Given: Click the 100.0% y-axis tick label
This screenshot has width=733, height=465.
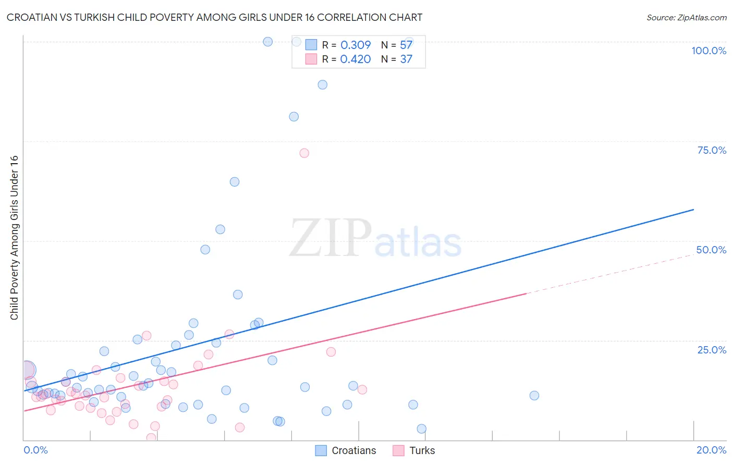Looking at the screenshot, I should (708, 51).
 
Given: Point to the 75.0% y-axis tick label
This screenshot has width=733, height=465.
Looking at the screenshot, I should (712, 150).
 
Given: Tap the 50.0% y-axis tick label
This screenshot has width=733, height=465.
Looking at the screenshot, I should (711, 250).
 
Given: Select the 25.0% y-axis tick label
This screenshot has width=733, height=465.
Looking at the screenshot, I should (712, 350).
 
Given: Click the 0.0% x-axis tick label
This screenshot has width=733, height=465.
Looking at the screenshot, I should (35, 450).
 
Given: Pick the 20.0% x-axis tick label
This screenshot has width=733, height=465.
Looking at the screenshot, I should (711, 450).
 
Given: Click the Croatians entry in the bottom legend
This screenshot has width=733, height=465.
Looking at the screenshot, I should (353, 450).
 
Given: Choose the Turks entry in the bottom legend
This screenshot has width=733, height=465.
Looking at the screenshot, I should (422, 450).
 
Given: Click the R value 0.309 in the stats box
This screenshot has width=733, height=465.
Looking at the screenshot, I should (356, 45).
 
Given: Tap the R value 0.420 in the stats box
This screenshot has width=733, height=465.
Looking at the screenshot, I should (356, 59).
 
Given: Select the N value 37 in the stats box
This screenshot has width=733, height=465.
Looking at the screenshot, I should (406, 59).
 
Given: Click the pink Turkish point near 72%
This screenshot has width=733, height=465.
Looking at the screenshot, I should (304, 153).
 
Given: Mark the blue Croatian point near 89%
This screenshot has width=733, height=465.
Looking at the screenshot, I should (323, 85).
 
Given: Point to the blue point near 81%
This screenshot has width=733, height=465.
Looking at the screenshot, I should (294, 117).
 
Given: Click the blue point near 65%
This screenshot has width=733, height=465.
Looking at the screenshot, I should (235, 182).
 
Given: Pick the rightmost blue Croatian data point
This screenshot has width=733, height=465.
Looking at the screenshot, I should (534, 396).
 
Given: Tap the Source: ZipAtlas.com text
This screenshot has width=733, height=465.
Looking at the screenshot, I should (686, 18).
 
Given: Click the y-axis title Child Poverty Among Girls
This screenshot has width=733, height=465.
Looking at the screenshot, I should (14, 238).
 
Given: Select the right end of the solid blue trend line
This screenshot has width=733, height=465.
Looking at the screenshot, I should (693, 210).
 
